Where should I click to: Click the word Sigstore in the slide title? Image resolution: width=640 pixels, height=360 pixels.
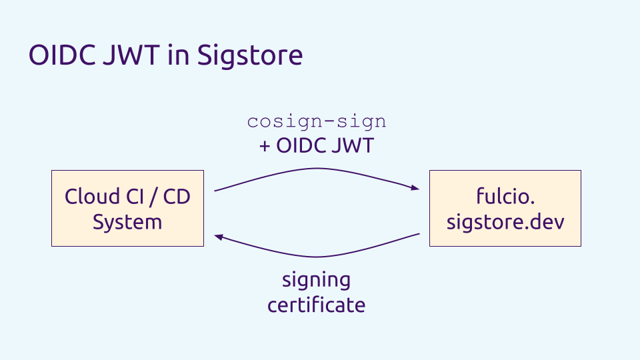[x=250, y=56]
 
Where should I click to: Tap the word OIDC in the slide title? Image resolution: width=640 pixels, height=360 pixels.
[x=62, y=55]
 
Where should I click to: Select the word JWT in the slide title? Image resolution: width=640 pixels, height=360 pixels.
[x=131, y=55]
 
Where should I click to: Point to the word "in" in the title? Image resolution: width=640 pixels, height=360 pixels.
[x=179, y=55]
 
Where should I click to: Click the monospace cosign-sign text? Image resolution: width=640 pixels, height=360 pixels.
[x=317, y=122]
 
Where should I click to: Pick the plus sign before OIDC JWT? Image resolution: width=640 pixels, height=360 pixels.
[x=265, y=146]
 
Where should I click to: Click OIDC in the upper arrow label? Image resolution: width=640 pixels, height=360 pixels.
[x=301, y=145]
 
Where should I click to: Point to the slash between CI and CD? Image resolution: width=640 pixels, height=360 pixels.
[x=153, y=197]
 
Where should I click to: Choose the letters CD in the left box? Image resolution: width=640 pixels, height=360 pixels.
[x=177, y=197]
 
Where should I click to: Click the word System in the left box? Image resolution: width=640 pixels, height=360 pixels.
[x=127, y=223]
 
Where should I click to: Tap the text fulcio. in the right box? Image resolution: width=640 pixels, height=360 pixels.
[x=505, y=196]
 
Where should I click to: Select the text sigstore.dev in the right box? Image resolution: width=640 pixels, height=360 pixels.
[x=505, y=222]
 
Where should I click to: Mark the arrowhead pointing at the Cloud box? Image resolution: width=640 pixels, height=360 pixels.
[x=219, y=237]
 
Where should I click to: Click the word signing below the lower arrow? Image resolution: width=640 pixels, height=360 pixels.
[x=316, y=281]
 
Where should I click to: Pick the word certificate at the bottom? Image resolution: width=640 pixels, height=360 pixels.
[x=316, y=305]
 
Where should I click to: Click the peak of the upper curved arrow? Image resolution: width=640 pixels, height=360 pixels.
[x=317, y=168]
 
